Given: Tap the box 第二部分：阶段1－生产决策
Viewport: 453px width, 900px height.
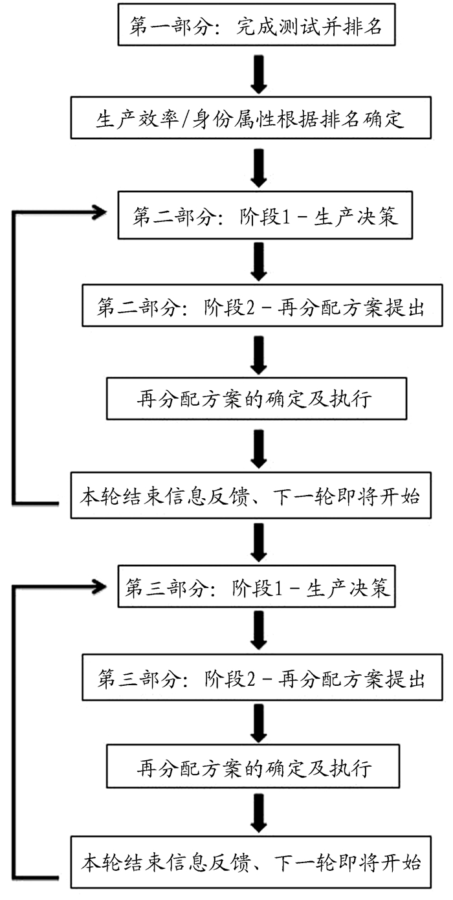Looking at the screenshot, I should tap(265, 217).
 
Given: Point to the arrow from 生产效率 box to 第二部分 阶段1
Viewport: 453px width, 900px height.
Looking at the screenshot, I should tap(260, 167).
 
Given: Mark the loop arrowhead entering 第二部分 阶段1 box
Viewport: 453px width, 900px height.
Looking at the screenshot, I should tap(98, 212).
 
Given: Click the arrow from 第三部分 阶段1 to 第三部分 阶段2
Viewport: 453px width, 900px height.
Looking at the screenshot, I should tap(260, 633).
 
